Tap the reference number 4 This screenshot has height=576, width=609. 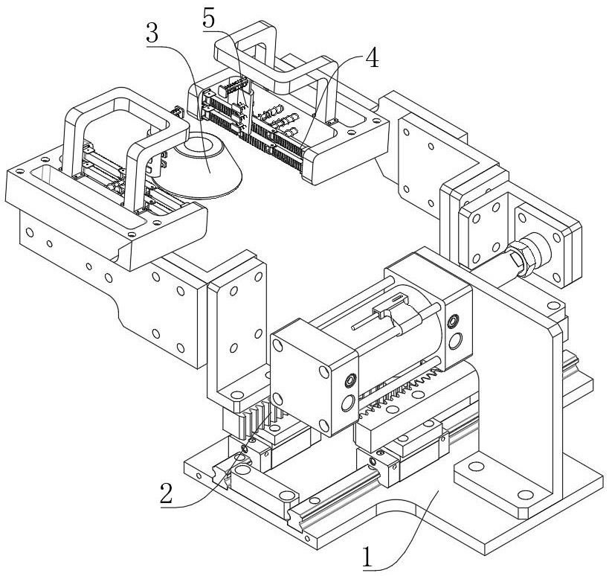click(x=370, y=59)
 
